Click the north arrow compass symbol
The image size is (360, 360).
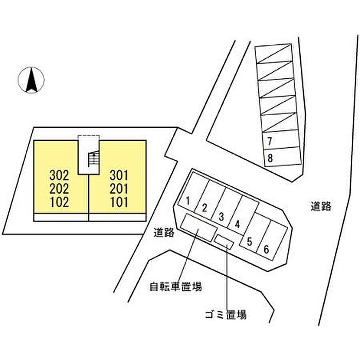coord(31,80)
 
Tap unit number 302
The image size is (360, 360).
coord(59,176)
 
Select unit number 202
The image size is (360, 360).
coord(59,189)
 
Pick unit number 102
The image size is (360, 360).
coord(59,203)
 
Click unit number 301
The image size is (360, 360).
coord(119,176)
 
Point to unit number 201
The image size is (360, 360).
coord(119,189)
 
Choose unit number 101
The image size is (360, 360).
coord(119,203)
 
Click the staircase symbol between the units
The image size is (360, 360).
coord(94,158)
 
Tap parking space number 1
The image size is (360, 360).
coord(188,201)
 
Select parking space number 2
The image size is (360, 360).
coord(204,208)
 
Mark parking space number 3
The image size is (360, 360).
coord(221,217)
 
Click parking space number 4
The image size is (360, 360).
coord(238,224)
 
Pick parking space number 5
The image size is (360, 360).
coord(249,242)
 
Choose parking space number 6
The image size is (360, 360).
coord(266,249)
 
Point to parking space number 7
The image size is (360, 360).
coord(270,141)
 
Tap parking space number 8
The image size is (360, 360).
coord(270,158)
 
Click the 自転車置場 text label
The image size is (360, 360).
coord(176,287)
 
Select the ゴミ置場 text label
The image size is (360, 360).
coord(226,314)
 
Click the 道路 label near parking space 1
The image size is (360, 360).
coord(164,233)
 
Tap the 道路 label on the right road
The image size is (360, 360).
coord(321,206)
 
